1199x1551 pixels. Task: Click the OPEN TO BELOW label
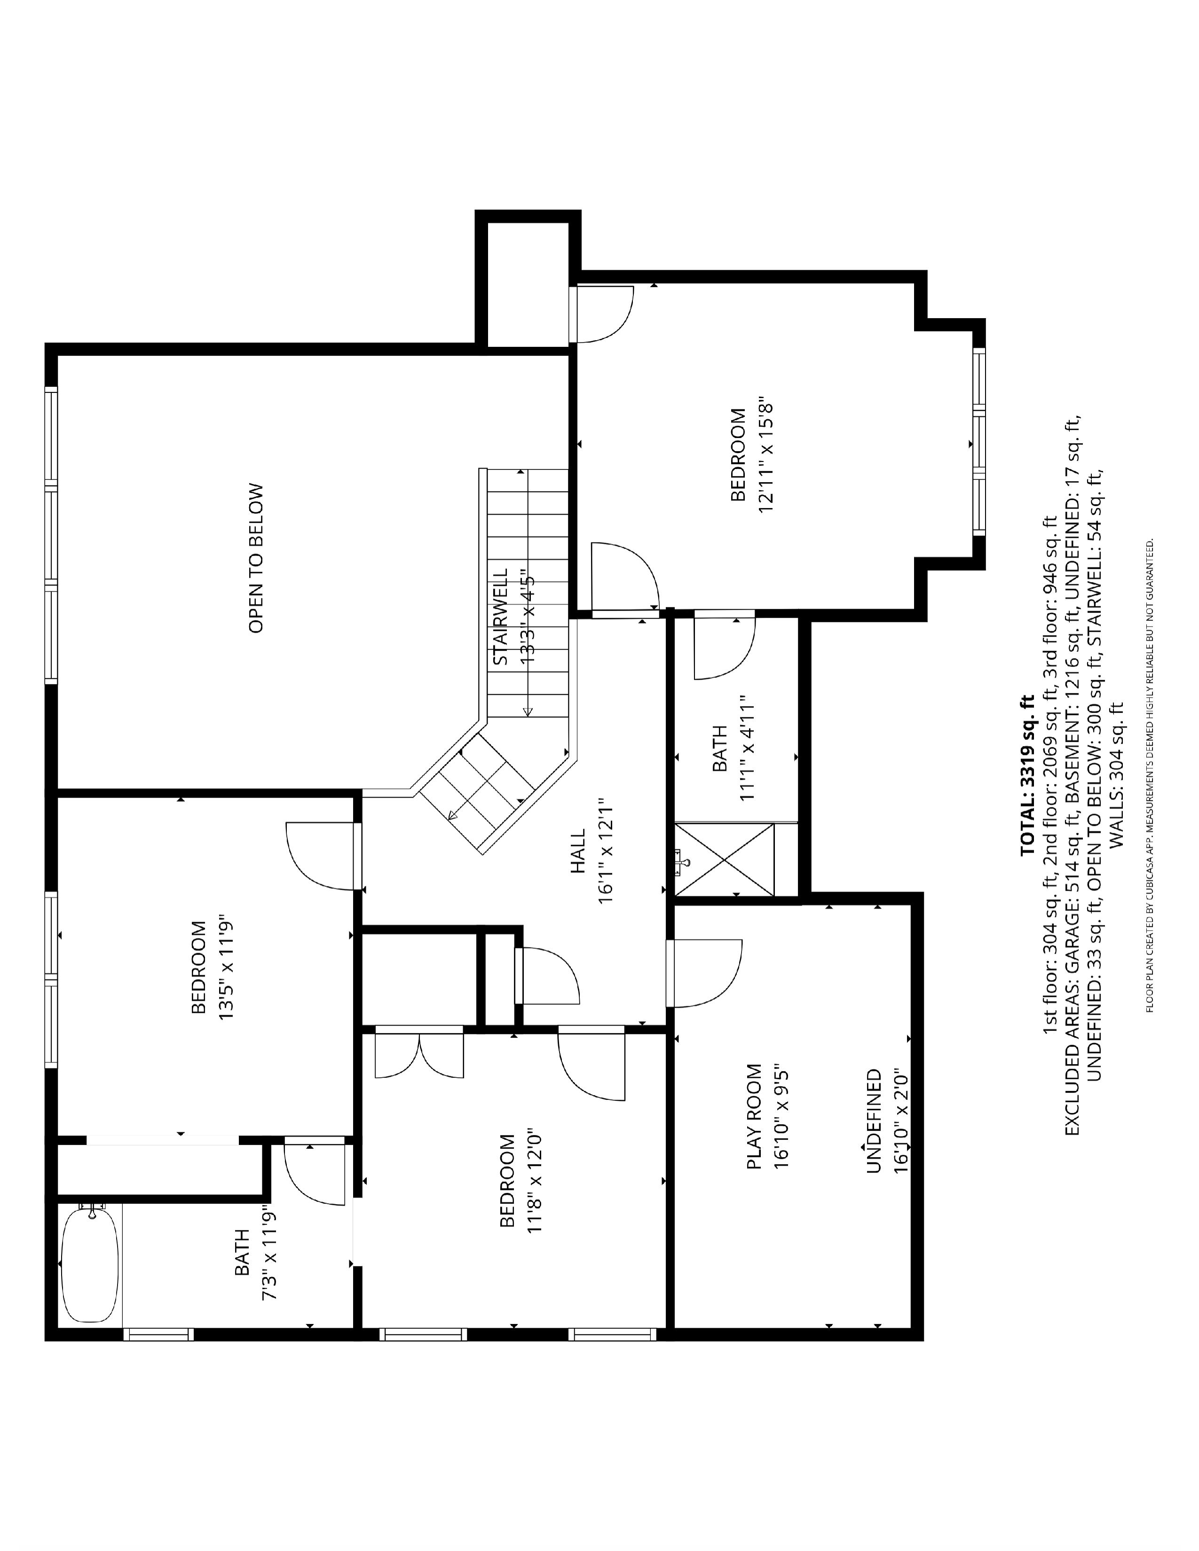(x=256, y=558)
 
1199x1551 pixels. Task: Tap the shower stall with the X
(x=724, y=860)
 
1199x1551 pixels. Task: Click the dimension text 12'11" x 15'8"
(x=765, y=454)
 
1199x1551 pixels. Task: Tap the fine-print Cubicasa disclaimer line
(x=1149, y=775)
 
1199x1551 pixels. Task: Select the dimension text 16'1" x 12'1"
(x=605, y=852)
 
